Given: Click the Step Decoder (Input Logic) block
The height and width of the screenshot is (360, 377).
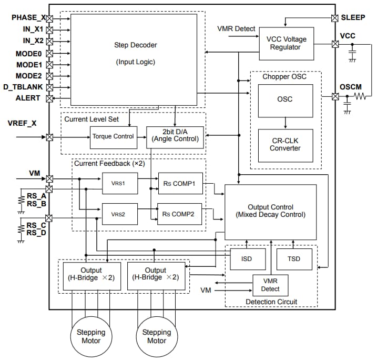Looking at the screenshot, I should (x=134, y=59).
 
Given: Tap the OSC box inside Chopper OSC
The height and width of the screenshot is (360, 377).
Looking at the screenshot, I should (x=285, y=99).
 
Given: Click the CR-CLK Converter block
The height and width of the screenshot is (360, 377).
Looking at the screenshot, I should (x=285, y=144).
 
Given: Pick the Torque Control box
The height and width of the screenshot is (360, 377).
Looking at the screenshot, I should (x=114, y=136).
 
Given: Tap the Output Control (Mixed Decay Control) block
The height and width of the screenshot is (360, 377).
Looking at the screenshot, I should (x=270, y=211).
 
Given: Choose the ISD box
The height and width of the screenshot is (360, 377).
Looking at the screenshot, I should (x=246, y=259).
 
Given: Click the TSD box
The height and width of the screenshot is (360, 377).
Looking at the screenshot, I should (x=294, y=259).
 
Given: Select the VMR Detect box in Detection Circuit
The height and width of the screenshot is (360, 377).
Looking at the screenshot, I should (x=270, y=285).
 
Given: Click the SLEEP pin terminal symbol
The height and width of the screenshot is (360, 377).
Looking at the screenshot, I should (x=335, y=17).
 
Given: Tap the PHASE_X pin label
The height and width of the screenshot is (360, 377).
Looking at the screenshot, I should (x=28, y=17).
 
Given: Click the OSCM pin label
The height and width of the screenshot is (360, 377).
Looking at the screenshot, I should (x=351, y=87).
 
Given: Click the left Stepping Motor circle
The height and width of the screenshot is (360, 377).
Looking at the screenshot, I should (x=91, y=336).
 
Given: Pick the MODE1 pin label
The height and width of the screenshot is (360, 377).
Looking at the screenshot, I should (x=29, y=64).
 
